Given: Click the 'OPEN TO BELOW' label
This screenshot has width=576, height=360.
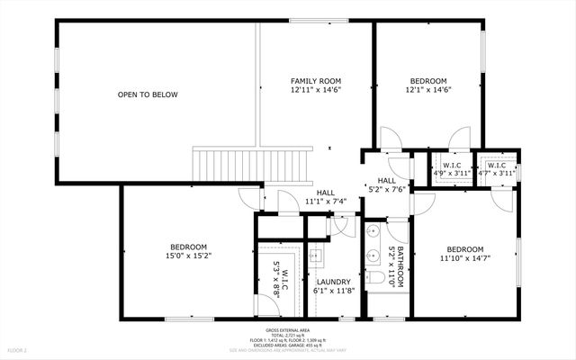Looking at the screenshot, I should pos(148,94).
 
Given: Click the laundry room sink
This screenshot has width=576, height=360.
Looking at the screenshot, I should pos(315,256).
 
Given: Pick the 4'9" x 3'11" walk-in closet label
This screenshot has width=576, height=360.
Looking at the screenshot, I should pos(452,170).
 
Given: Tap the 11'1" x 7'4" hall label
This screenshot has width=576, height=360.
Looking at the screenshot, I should pos(326,197).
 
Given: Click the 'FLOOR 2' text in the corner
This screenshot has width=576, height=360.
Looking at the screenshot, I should pos(19,349).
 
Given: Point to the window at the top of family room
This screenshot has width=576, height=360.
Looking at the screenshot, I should pos(316,21).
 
